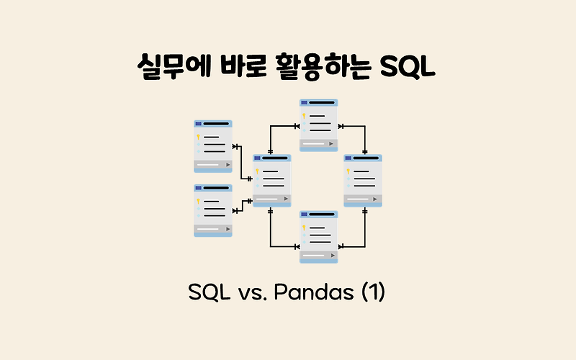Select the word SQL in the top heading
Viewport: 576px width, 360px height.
point(409,71)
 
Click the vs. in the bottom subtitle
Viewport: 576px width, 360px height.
point(252,294)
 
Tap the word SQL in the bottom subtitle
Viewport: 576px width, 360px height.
point(209,294)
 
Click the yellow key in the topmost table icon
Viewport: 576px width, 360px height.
point(304,116)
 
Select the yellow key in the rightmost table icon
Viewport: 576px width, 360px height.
point(348,171)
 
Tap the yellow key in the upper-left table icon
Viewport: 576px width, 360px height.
point(198,136)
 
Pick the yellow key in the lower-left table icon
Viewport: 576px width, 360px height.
point(198,201)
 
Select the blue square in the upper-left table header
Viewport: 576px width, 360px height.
point(198,124)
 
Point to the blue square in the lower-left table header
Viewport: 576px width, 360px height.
point(198,188)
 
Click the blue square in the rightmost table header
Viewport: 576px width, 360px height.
point(348,158)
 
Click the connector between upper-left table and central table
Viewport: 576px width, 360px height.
point(242,162)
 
